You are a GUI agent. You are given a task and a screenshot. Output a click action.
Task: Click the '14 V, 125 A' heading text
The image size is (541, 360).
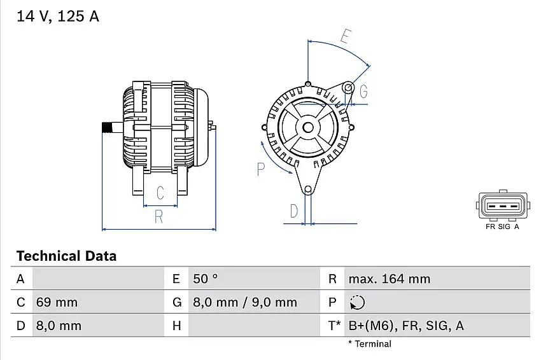click(x=57, y=17)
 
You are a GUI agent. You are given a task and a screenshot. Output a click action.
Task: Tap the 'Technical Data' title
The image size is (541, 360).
click(x=66, y=256)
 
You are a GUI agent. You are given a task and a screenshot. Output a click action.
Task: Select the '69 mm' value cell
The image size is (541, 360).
click(x=56, y=302)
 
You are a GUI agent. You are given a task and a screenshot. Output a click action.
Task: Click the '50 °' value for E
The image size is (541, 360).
click(x=205, y=279)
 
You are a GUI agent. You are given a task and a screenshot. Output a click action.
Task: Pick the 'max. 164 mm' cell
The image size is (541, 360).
click(x=389, y=279)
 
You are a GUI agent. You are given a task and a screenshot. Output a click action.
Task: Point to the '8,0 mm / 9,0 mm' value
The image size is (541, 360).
click(x=244, y=302)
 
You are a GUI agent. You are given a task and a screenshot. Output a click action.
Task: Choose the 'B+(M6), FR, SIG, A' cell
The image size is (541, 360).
click(x=406, y=326)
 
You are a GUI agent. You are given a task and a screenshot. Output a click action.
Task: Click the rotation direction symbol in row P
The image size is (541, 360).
click(x=357, y=302)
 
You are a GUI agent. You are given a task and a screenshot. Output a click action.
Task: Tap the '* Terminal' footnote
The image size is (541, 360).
click(x=370, y=344)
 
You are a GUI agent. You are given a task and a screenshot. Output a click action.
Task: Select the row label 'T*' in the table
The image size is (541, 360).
click(x=334, y=326)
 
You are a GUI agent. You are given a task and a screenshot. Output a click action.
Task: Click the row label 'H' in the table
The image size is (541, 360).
click(x=177, y=326)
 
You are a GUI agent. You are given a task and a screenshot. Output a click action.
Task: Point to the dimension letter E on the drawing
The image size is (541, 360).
click(x=346, y=36)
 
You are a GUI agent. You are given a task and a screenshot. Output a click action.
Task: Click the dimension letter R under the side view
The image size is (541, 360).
click(x=159, y=217)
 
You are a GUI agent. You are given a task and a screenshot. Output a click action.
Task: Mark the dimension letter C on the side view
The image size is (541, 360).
click(x=160, y=193)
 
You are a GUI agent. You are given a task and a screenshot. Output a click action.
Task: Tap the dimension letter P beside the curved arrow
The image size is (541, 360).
click(x=260, y=169)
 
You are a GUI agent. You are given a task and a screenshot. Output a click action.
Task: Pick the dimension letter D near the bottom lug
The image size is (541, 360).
click(x=294, y=211)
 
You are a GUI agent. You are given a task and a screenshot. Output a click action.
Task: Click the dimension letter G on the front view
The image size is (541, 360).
click(x=363, y=92)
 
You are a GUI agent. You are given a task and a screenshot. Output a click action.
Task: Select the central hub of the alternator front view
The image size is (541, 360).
click(x=308, y=127)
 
